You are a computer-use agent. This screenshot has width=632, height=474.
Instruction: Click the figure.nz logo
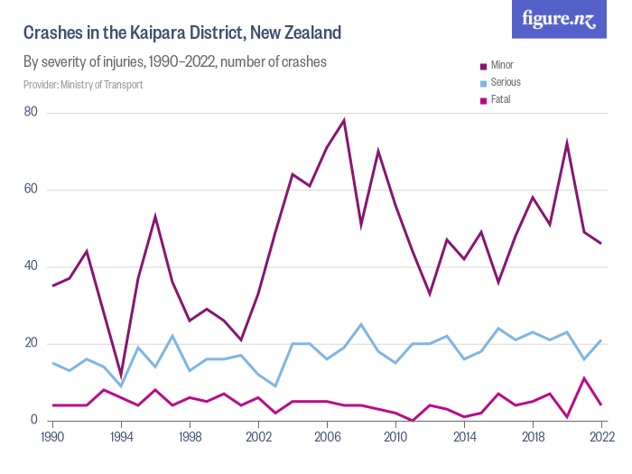pyautogui.click(x=558, y=20)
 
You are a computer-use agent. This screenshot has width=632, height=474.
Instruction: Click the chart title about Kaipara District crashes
pyautogui.click(x=182, y=33)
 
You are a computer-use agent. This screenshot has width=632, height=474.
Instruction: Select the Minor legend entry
pyautogui.click(x=502, y=65)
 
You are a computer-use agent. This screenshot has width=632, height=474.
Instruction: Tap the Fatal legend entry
pyautogui.click(x=500, y=99)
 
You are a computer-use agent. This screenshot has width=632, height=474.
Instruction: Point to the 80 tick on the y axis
pyautogui.click(x=31, y=113)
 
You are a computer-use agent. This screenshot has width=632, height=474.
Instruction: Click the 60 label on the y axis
pyautogui.click(x=31, y=190)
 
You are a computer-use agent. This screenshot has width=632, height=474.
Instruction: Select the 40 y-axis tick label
pyautogui.click(x=31, y=266)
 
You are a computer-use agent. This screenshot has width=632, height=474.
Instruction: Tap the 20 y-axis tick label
pyautogui.click(x=31, y=343)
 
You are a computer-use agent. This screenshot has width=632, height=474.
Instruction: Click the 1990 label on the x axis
pyautogui.click(x=52, y=436)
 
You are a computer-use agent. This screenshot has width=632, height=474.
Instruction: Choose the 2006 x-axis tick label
pyautogui.click(x=327, y=436)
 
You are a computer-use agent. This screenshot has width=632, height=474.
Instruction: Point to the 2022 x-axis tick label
pyautogui.click(x=600, y=436)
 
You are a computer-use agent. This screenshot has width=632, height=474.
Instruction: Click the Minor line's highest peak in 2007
pyautogui.click(x=344, y=120)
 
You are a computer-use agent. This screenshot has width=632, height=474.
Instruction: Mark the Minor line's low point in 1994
pyautogui.click(x=121, y=374)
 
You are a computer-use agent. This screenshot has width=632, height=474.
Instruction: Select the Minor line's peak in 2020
pyautogui.click(x=566, y=143)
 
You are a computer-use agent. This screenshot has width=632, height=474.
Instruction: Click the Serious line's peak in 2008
pyautogui.click(x=361, y=324)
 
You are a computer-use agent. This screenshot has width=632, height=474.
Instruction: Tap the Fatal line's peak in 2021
pyautogui.click(x=583, y=377)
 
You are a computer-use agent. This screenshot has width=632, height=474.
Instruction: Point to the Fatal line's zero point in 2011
pyautogui.click(x=413, y=420)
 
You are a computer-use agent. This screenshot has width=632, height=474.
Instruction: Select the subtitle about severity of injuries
pyautogui.click(x=174, y=62)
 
